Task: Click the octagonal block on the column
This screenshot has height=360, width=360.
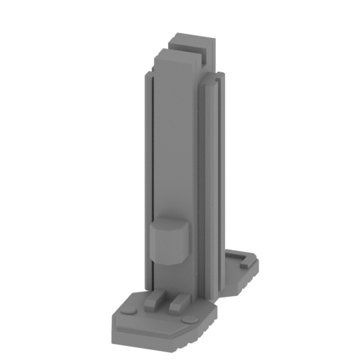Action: coord(169,242)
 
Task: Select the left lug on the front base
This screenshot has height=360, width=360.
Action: coord(154,301)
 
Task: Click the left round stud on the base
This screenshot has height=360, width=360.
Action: coord(128,309)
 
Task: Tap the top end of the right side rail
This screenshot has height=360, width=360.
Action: coord(210,86)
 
